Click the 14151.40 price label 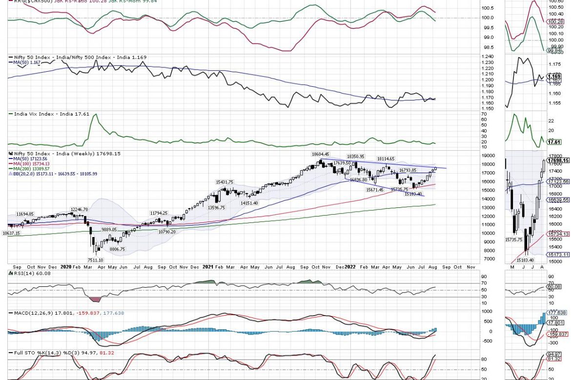[248, 203]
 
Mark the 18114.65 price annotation [386, 159]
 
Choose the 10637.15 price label [10, 234]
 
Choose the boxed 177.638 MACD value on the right [558, 313]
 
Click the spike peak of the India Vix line [95, 115]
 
